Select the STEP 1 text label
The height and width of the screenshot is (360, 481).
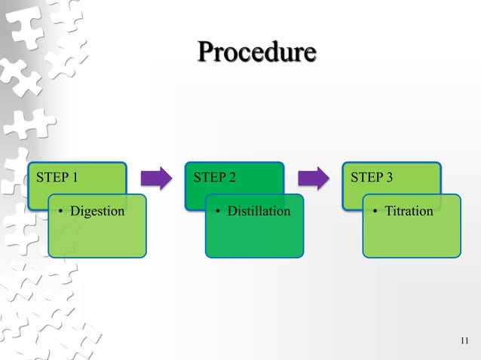coord(57,178)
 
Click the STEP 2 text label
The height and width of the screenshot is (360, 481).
coord(214,178)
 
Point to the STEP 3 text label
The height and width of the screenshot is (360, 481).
coord(371,178)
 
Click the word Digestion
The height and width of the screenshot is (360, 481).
coord(97,211)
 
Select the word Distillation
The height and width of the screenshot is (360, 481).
coord(259,211)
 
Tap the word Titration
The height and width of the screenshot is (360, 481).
coord(409,211)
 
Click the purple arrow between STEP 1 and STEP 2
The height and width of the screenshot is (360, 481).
coord(157,178)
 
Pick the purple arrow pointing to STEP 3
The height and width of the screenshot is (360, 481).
coord(314,178)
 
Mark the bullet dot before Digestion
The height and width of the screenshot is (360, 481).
coord(62,212)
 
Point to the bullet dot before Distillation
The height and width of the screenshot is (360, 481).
coord(219,212)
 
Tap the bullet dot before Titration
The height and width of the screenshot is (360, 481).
coord(376,212)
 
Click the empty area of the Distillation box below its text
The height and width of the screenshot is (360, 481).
coord(255,239)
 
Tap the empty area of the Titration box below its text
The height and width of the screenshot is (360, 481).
coord(411,239)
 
